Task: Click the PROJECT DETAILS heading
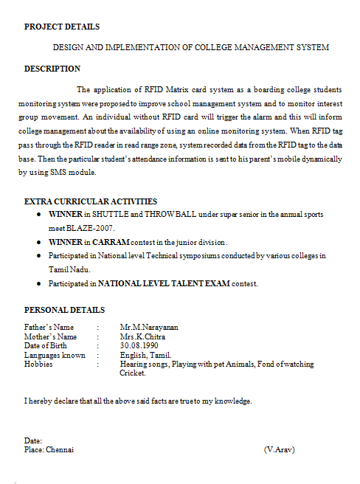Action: (62, 27)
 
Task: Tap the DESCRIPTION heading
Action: (52, 69)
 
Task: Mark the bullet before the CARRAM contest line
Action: (38, 242)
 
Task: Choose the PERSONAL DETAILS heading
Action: (64, 310)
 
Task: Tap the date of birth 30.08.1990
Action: (139, 345)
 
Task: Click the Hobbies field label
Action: (38, 364)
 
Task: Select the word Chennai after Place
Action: (60, 449)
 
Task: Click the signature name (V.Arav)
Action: (279, 449)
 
